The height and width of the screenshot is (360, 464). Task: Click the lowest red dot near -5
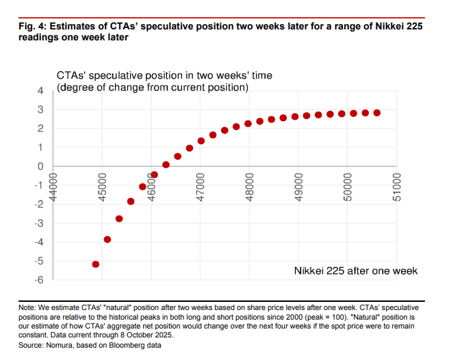(x=96, y=264)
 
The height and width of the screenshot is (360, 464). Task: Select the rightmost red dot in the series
(x=377, y=113)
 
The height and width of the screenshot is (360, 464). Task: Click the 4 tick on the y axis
(x=40, y=91)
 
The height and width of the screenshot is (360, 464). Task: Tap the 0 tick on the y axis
(x=40, y=166)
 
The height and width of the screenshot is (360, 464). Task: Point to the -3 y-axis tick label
(x=39, y=223)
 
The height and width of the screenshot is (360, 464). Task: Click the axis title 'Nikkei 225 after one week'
(x=355, y=271)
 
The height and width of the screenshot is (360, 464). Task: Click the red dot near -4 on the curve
(x=107, y=239)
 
